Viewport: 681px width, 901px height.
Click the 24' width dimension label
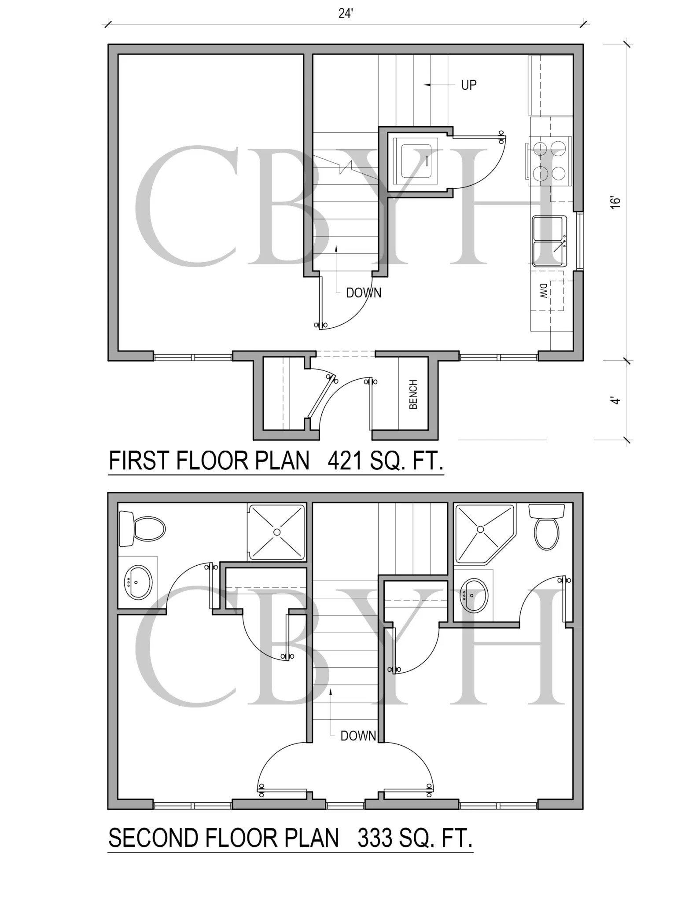click(x=346, y=14)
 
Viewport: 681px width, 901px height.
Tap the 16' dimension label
click(x=615, y=202)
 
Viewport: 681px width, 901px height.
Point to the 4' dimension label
click(x=616, y=400)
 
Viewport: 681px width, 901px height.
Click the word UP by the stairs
click(x=469, y=85)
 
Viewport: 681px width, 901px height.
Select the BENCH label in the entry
click(x=413, y=394)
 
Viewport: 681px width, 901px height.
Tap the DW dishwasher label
click(x=544, y=291)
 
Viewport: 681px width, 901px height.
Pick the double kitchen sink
click(x=550, y=241)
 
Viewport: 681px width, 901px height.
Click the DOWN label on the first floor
click(x=364, y=293)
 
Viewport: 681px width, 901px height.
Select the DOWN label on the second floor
click(x=358, y=736)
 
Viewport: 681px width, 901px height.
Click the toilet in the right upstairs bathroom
click(x=547, y=527)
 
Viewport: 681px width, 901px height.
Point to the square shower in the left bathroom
click(x=277, y=532)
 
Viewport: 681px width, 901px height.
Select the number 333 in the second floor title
click(x=375, y=838)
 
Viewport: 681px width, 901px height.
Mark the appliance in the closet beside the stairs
click(x=415, y=161)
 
